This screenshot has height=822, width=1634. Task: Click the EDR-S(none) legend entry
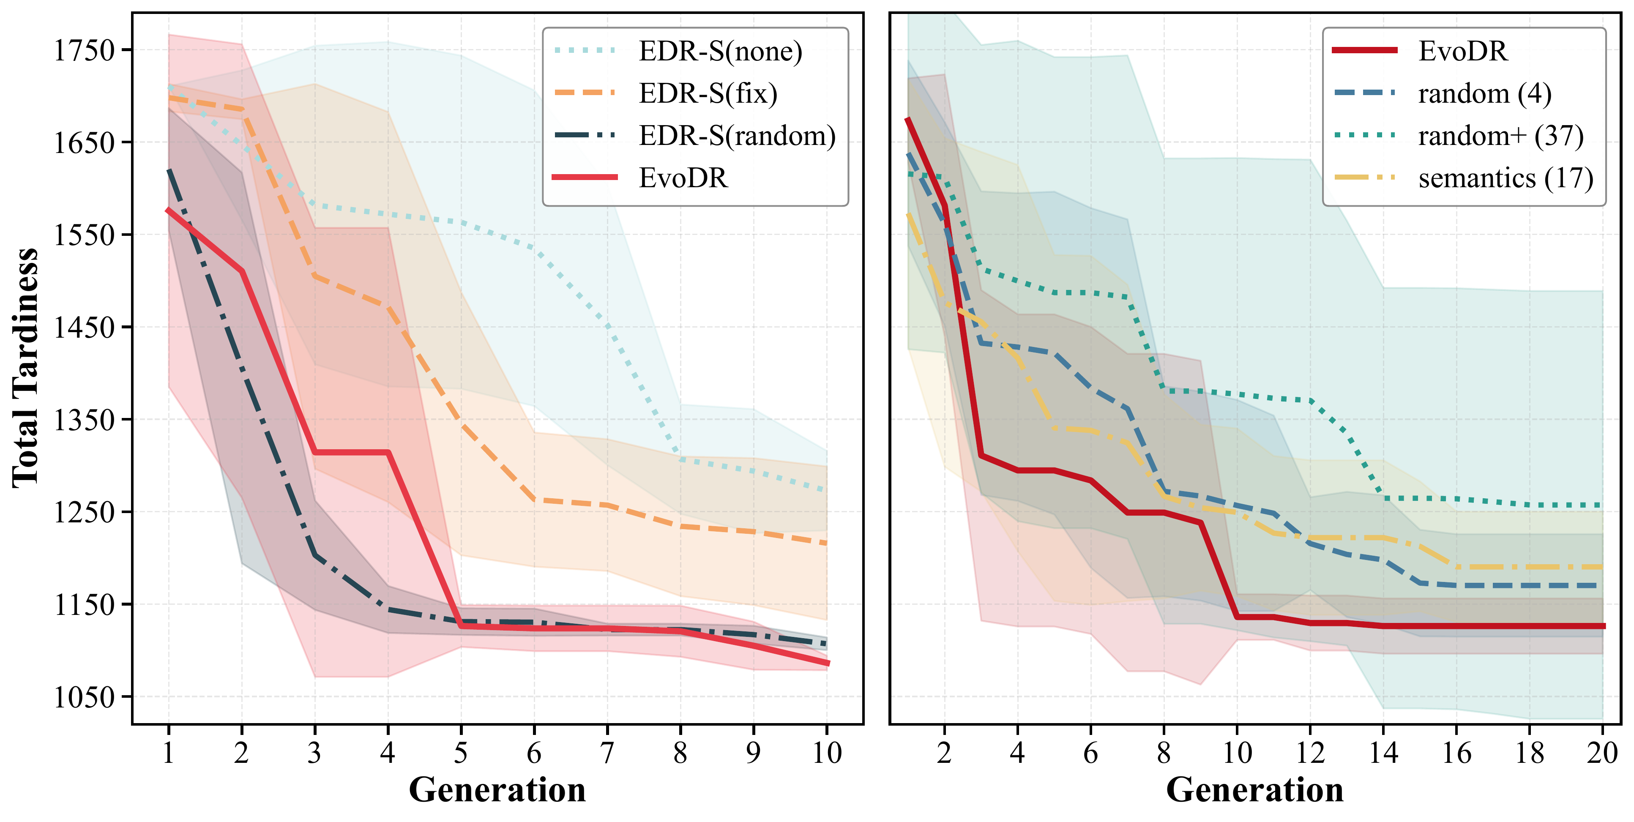coord(720,52)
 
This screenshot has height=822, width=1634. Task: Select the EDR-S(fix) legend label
coord(708,93)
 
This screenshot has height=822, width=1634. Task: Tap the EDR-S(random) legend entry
coord(737,136)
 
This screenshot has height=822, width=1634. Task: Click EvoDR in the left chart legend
coord(683,178)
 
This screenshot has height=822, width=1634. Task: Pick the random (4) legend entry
coord(1485,93)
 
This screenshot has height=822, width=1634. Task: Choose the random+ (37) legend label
coord(1501,136)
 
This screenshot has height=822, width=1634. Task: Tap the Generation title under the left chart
coord(497,789)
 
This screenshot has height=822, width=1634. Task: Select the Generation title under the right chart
coord(1255,789)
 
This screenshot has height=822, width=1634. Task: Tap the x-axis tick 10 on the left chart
coord(827,753)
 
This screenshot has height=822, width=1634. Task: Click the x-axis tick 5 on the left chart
coord(461,753)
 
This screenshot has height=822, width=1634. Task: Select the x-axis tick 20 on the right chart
coord(1603,753)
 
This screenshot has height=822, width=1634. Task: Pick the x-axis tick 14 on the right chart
coord(1383,753)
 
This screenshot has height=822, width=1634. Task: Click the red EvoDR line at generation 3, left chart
coord(314,452)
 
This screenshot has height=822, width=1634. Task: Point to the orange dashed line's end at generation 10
coord(827,543)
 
